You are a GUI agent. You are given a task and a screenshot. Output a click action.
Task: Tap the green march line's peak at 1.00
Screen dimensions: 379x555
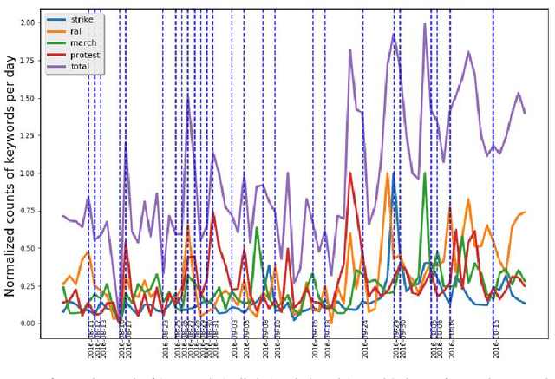click(424, 173)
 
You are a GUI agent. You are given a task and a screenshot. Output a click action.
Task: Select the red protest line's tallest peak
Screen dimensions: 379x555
click(349, 173)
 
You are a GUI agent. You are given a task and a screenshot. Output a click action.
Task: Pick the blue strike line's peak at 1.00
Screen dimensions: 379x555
click(394, 173)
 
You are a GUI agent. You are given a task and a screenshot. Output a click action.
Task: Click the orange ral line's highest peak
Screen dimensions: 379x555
click(388, 173)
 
